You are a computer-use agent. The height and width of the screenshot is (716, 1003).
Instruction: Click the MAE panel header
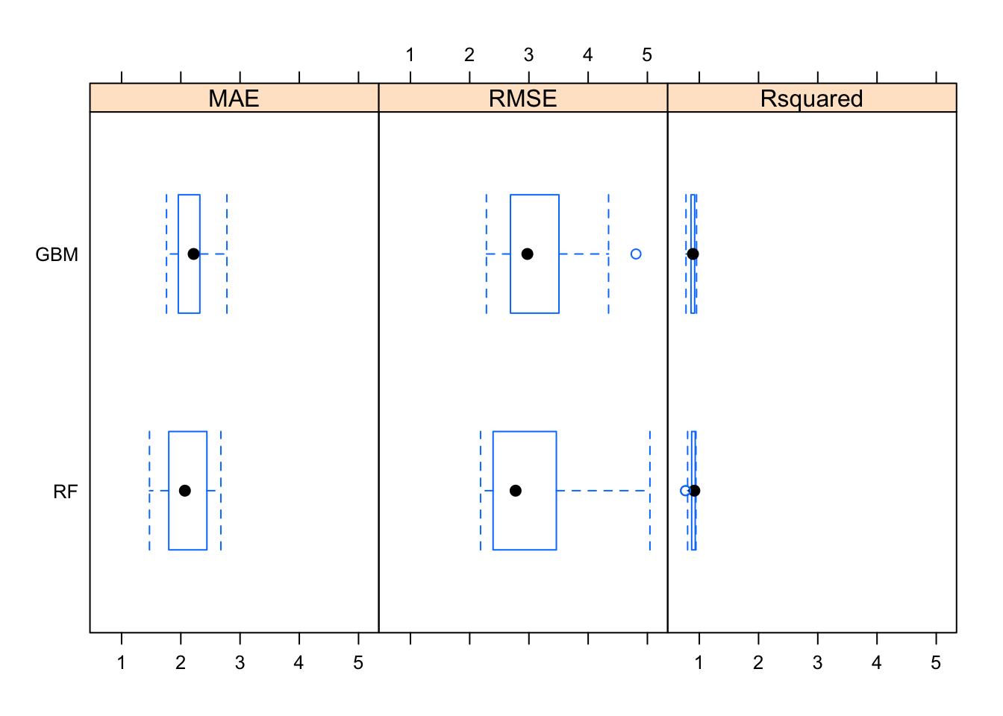(x=234, y=98)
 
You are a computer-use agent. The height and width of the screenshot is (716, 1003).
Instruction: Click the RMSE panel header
(x=523, y=98)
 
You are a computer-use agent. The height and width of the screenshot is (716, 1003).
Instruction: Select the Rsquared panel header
(x=812, y=98)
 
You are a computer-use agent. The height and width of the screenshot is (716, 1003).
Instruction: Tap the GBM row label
(x=57, y=254)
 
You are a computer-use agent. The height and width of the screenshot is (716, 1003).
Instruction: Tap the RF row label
(x=66, y=492)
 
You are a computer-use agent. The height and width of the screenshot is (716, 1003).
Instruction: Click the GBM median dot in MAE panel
(x=193, y=254)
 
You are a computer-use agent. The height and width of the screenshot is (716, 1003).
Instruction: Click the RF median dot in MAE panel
(x=185, y=491)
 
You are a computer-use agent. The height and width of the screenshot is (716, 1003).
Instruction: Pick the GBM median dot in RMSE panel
(x=528, y=254)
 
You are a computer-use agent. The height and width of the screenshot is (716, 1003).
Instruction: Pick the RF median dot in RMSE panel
(x=516, y=491)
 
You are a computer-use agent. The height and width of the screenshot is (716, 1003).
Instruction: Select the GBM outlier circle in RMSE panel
(x=636, y=254)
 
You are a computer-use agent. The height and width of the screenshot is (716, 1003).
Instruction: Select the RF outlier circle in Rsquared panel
(x=685, y=491)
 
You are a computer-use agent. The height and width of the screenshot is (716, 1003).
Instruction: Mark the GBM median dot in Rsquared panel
(x=693, y=254)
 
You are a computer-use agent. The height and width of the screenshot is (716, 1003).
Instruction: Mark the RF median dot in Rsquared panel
(x=695, y=491)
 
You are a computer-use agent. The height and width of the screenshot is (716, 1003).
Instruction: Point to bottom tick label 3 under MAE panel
(x=240, y=663)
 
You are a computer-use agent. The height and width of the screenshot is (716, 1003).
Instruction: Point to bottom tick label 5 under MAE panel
(x=358, y=663)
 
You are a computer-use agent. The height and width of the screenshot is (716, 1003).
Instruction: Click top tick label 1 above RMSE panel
(x=410, y=55)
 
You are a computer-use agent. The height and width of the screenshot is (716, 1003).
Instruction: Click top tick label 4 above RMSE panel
(x=588, y=55)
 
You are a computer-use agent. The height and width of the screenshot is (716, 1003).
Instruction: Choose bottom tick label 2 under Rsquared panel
(x=758, y=663)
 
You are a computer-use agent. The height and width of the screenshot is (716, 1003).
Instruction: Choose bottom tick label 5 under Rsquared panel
(x=936, y=663)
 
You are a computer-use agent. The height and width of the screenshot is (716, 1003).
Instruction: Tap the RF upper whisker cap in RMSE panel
(x=650, y=491)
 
